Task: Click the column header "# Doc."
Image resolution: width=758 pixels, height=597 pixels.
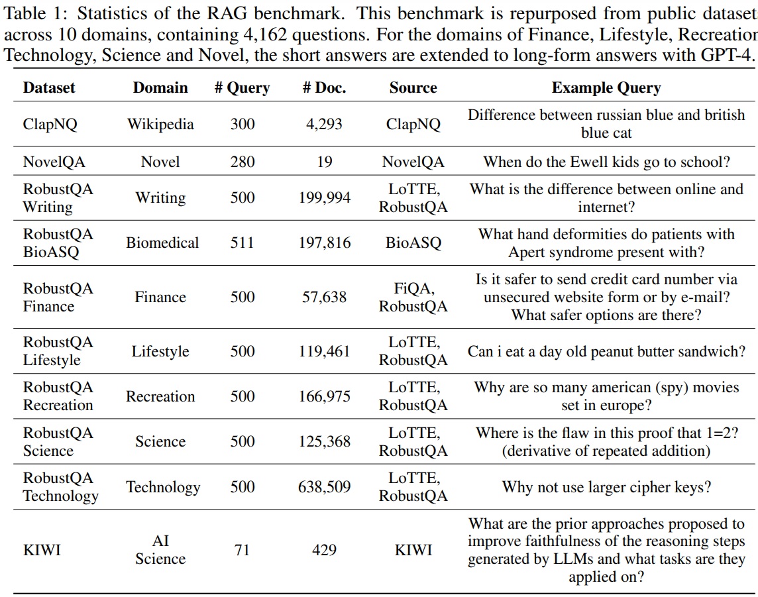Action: [324, 87]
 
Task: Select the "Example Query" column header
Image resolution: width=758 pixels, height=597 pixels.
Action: [606, 87]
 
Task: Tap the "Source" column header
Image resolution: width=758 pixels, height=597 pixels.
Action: [413, 87]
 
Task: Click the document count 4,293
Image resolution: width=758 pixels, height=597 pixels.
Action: [324, 124]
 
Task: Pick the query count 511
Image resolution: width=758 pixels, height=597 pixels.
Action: [243, 243]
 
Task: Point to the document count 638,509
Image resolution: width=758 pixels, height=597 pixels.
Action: [324, 487]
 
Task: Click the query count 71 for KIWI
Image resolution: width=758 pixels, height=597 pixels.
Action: [242, 550]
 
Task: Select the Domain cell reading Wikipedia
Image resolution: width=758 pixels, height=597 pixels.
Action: [160, 124]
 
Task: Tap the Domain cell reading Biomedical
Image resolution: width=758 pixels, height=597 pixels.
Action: [162, 243]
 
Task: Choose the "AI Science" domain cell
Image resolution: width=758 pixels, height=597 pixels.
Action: [160, 550]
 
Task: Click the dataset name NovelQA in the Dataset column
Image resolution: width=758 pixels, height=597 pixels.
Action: [54, 162]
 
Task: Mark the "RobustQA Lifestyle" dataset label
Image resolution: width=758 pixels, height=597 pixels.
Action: [58, 351]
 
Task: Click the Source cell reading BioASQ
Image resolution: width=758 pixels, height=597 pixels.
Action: [413, 243]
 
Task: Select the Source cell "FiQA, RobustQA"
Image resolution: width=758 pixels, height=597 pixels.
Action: [413, 298]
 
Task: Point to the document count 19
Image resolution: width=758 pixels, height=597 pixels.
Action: [325, 162]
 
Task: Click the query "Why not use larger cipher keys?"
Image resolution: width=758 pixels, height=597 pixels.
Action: [607, 487]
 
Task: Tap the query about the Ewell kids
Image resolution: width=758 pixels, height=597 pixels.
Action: [607, 162]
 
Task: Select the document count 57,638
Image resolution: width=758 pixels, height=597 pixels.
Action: [325, 298]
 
